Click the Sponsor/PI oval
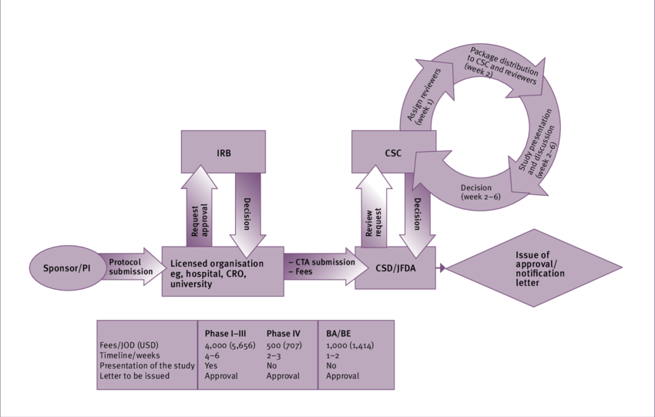coord(62,269)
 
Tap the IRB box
coord(223,151)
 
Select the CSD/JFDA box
coord(395,267)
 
